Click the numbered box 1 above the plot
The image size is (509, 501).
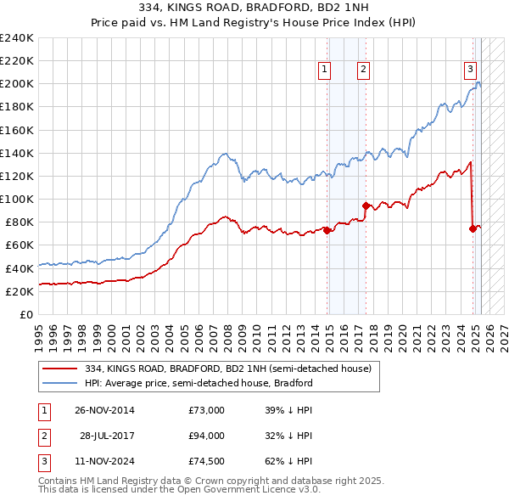click(326, 70)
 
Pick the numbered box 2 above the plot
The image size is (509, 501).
click(363, 70)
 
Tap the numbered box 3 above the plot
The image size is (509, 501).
click(469, 70)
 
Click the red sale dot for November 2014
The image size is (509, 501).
click(327, 230)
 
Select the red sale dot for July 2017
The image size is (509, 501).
click(366, 205)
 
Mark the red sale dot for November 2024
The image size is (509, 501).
click(473, 228)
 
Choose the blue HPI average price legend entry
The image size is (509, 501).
click(199, 383)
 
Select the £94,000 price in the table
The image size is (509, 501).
click(206, 436)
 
